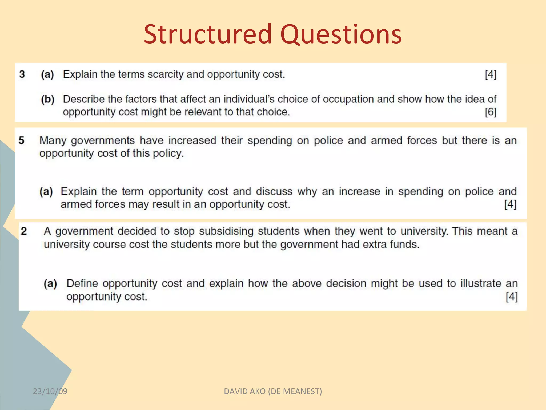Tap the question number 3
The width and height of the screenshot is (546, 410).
tap(22, 74)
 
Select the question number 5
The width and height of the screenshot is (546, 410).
tap(21, 140)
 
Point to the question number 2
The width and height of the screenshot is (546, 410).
tap(24, 231)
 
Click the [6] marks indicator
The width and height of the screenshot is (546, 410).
tap(491, 112)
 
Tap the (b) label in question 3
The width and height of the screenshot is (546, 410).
tap(48, 99)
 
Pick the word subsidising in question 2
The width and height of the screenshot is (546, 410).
tap(226, 231)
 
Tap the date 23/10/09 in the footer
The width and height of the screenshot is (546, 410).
tap(50, 391)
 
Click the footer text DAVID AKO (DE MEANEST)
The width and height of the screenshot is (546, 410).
tap(273, 391)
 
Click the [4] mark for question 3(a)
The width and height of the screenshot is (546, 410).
tap(491, 74)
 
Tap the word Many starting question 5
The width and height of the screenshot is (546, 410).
tap(53, 141)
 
